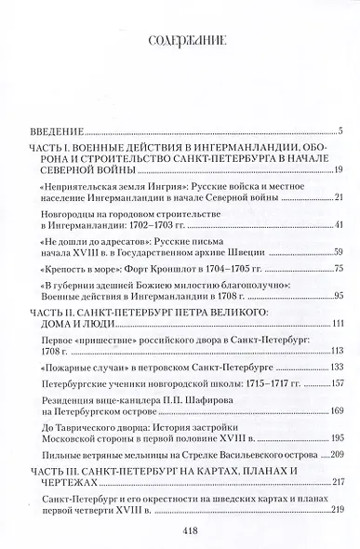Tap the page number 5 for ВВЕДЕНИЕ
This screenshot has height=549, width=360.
341,129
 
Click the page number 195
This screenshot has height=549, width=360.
337,448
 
